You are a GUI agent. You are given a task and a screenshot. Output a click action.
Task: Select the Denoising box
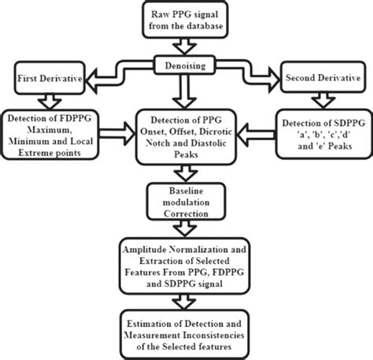click(x=186, y=68)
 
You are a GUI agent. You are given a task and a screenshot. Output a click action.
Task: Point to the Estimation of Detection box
click(x=186, y=330)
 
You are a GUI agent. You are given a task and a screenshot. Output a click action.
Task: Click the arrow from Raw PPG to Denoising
click(x=186, y=48)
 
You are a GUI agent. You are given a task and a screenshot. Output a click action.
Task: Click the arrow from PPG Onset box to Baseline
click(x=186, y=173)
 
